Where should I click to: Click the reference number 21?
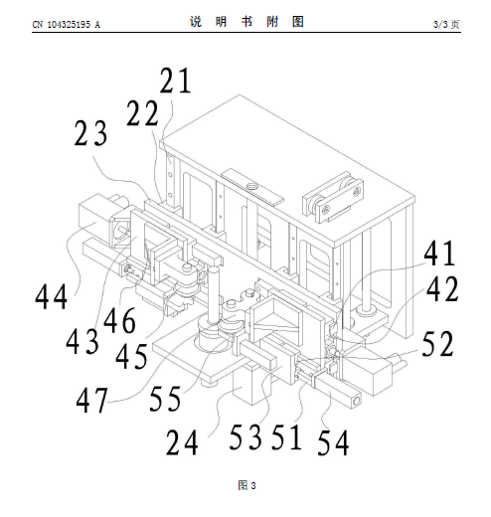tap(175, 80)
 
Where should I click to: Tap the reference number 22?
tap(142, 113)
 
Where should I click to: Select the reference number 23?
tap(90, 133)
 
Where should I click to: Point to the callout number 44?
tap(52, 296)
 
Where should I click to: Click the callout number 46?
tap(119, 320)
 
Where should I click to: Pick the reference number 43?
tap(82, 341)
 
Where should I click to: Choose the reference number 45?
tap(131, 356)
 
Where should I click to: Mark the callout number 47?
tap(92, 401)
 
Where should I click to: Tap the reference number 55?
tap(165, 399)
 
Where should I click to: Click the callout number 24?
tap(182, 442)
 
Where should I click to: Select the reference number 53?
tap(245, 437)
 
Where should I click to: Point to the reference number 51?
tap(287, 437)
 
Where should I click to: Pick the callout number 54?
tap(333, 442)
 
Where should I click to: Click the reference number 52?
tap(437, 344)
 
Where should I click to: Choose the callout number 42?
tap(442, 288)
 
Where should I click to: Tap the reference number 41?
tap(439, 253)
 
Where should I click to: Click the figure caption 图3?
tap(246, 485)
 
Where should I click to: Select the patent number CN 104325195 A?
tap(66, 25)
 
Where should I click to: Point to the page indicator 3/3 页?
tap(446, 24)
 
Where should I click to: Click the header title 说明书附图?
tap(246, 22)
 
